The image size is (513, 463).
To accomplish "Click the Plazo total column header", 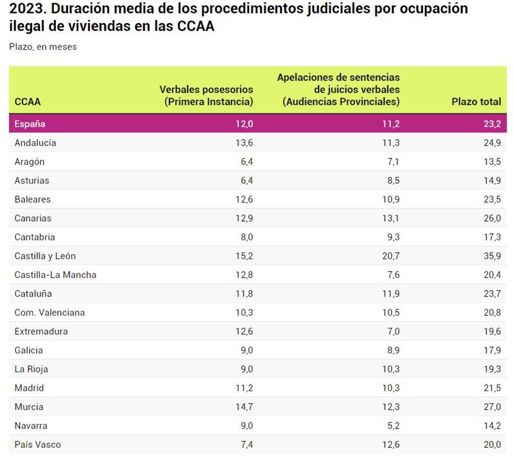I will [x=476, y=102].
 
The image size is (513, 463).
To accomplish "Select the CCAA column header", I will [x=27, y=102].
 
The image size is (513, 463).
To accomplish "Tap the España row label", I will [x=29, y=124].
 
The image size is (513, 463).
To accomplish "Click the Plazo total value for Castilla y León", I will [x=492, y=256].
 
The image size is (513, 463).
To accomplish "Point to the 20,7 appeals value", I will [x=391, y=256].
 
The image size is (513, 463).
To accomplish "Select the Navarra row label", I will [x=31, y=426].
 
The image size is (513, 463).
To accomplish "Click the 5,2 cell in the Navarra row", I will [x=393, y=426].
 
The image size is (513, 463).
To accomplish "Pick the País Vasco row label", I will [x=38, y=445].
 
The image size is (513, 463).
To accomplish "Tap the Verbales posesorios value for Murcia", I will [x=244, y=407].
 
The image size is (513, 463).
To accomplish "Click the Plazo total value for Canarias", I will [x=492, y=218].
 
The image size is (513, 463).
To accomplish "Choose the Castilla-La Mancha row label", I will [x=55, y=275].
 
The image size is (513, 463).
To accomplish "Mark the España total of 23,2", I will [x=492, y=124].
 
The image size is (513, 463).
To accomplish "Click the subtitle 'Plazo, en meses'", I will [x=43, y=47].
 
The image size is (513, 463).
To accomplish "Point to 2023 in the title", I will [x=27, y=9].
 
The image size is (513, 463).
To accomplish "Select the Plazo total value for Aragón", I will [x=492, y=162].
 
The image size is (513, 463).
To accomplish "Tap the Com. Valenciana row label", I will [x=50, y=313].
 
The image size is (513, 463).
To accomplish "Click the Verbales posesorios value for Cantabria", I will [x=247, y=237].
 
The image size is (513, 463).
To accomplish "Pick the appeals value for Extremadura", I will [x=393, y=332].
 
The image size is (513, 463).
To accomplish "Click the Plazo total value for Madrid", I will [x=492, y=388].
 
